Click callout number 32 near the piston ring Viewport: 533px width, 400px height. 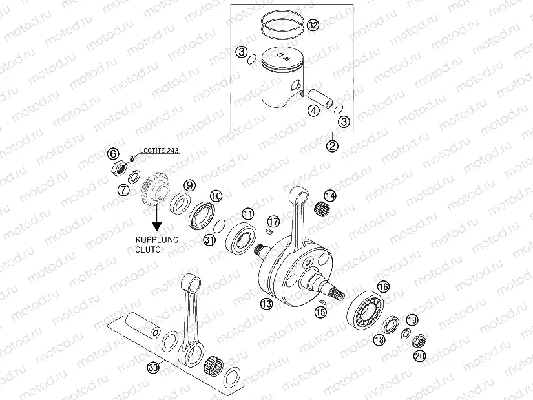point(313,25)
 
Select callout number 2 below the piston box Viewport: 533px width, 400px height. point(333,145)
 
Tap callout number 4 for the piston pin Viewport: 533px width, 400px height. point(313,111)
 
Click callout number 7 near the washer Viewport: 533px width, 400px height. point(122,190)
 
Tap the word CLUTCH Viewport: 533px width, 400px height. point(151,249)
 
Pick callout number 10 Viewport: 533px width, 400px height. point(215,195)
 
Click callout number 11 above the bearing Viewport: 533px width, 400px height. point(248,213)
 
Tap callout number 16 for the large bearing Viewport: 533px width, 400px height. point(383,286)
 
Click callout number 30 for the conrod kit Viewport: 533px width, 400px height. point(153,368)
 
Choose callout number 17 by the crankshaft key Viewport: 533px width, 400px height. point(273,222)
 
